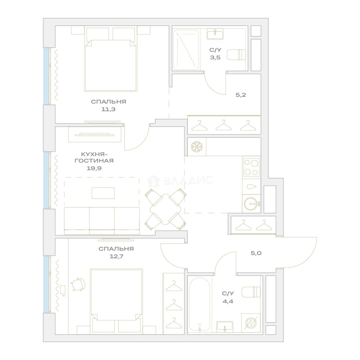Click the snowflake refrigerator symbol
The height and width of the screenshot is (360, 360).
tap(197, 147)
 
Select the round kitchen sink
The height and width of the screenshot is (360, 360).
tap(251, 203)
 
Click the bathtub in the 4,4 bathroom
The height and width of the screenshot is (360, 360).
tap(200, 305)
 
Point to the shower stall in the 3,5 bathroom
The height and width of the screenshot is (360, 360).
tap(186, 50)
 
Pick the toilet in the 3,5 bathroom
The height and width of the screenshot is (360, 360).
tap(236, 55)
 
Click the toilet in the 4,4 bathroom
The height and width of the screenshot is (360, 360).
tap(251, 292)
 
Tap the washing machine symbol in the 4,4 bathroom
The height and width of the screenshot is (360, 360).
tap(251, 323)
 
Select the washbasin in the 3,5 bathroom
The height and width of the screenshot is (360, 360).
tap(215, 34)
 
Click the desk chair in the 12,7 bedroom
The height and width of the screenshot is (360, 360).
tap(78, 284)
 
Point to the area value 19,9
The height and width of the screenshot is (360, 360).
tap(94, 168)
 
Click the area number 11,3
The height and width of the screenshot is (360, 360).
tap(108, 109)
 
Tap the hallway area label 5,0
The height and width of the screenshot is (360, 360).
tap(256, 253)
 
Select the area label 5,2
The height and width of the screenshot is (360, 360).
tap(241, 95)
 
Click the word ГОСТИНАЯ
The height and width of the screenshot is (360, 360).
tap(94, 161)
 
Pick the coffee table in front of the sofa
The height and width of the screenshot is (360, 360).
tap(103, 193)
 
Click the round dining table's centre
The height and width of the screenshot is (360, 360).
tap(165, 209)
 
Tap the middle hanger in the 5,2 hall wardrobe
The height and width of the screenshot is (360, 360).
tap(224, 125)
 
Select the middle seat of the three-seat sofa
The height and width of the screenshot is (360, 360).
tap(102, 221)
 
